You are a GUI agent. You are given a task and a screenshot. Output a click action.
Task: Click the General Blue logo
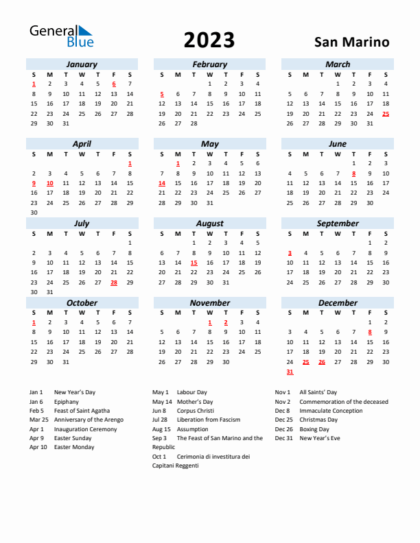click(60, 36)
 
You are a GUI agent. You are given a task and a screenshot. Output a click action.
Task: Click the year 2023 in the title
click(209, 40)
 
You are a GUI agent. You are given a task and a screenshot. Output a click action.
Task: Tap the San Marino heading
click(351, 42)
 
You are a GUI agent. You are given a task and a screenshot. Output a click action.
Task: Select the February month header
click(209, 64)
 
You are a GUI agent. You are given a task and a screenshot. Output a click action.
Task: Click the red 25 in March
click(386, 114)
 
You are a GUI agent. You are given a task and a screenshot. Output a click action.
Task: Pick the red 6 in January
click(114, 84)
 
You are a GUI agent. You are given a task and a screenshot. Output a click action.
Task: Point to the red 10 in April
click(49, 184)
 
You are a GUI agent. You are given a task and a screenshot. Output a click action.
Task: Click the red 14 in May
click(162, 184)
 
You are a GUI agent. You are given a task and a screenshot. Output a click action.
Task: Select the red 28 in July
click(114, 282)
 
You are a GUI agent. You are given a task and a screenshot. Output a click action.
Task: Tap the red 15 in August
click(194, 263)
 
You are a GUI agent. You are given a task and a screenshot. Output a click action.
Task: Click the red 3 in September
click(290, 253)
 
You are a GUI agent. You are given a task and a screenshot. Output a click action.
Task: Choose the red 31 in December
click(290, 372)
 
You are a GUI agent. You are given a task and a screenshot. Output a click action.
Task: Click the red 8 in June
click(353, 173)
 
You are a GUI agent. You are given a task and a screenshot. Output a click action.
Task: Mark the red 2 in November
click(226, 322)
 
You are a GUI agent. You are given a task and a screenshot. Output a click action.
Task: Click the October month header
click(82, 302)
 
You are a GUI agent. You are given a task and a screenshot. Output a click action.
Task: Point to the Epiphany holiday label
click(67, 402)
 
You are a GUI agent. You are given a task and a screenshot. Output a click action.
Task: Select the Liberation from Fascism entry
click(208, 420)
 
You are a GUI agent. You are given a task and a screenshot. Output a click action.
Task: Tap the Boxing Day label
click(314, 429)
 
